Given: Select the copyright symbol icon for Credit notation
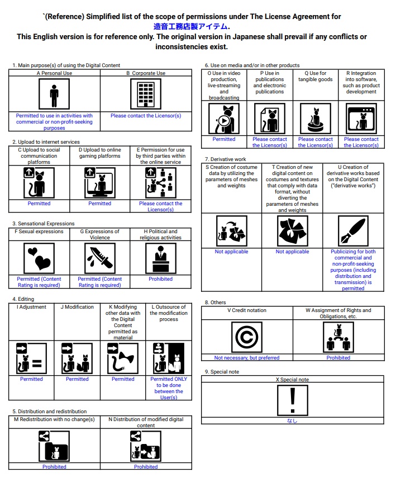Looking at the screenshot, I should click(x=247, y=337).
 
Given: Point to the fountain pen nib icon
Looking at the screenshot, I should click(x=353, y=231).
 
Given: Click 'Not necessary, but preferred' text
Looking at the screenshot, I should click(x=247, y=358).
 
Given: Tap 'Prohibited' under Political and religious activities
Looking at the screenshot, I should click(x=161, y=278).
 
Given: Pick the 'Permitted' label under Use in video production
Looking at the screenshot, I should click(x=224, y=139).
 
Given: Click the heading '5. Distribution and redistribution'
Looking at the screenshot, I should click(x=50, y=412).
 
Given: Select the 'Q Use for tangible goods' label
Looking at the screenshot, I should click(x=316, y=76).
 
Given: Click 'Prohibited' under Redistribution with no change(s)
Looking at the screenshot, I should click(x=54, y=466).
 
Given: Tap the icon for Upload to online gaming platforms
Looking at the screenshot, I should click(x=100, y=183).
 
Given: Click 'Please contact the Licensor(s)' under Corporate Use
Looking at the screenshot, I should click(x=146, y=116).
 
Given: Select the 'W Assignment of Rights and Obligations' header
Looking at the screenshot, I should click(x=338, y=313).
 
